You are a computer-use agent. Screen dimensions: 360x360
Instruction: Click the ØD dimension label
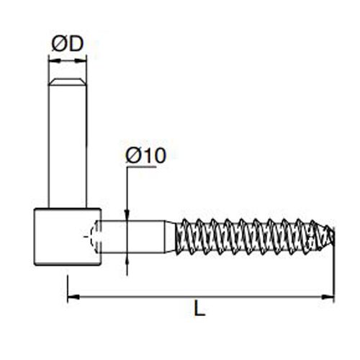[68, 44]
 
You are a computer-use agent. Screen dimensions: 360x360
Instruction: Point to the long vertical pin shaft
[68, 144]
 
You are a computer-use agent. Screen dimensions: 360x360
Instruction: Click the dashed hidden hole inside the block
[90, 236]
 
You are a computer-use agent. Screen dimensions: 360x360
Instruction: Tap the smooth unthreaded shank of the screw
[137, 236]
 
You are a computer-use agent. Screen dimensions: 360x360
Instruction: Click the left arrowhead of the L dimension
[71, 295]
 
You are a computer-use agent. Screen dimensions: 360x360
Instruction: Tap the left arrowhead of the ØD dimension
[51, 62]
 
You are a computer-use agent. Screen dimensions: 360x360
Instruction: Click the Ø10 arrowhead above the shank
[126, 217]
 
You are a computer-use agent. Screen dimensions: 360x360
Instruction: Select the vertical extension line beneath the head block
[67, 284]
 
